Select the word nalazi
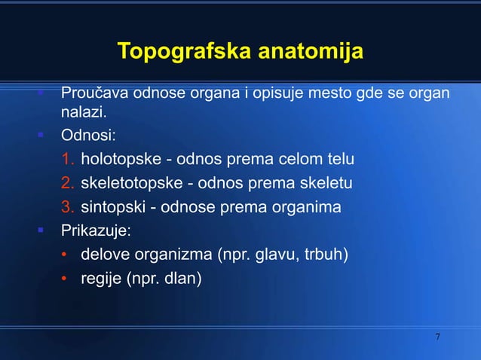coord(84,113)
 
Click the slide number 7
coord(438,335)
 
